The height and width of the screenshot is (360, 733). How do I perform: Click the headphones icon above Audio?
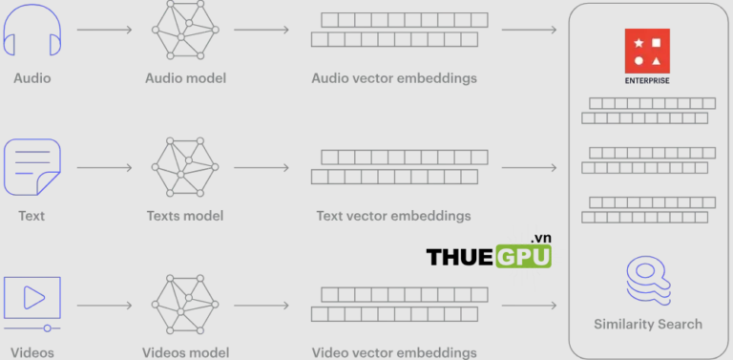point(32,32)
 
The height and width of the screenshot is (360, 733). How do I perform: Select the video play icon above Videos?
point(32,299)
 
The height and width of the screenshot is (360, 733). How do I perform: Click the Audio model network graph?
point(185,31)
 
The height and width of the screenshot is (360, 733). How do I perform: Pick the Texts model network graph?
point(185,167)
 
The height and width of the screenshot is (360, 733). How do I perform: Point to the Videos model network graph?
point(185,304)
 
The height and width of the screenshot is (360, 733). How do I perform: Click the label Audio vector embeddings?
point(393,77)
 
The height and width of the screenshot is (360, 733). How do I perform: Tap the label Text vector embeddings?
point(393,215)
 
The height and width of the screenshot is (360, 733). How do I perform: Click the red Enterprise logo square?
point(647,50)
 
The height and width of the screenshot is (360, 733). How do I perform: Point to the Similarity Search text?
point(647,324)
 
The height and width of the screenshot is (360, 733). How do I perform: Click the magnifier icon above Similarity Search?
point(647,278)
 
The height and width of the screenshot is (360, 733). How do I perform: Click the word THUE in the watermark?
point(458,257)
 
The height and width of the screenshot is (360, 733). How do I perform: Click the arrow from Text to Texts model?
point(105,168)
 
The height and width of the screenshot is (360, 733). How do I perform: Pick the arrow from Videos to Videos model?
point(105,306)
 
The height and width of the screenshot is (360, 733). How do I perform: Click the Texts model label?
point(185,215)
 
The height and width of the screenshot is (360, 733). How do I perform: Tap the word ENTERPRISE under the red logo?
point(647,80)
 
